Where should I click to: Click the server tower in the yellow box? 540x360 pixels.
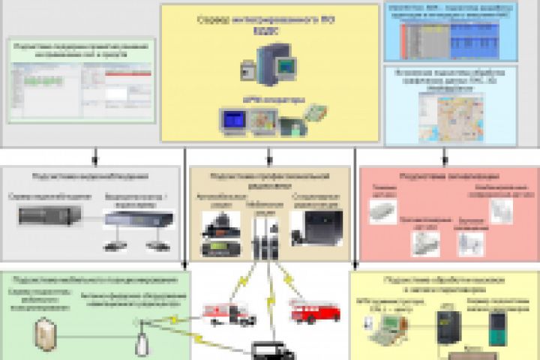tap(266, 65)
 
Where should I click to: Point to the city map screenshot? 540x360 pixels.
tap(451, 116)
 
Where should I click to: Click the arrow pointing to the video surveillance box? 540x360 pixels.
tap(95, 157)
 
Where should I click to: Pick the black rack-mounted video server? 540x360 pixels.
tap(49, 215)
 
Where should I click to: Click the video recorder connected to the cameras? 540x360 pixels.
tap(138, 218)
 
